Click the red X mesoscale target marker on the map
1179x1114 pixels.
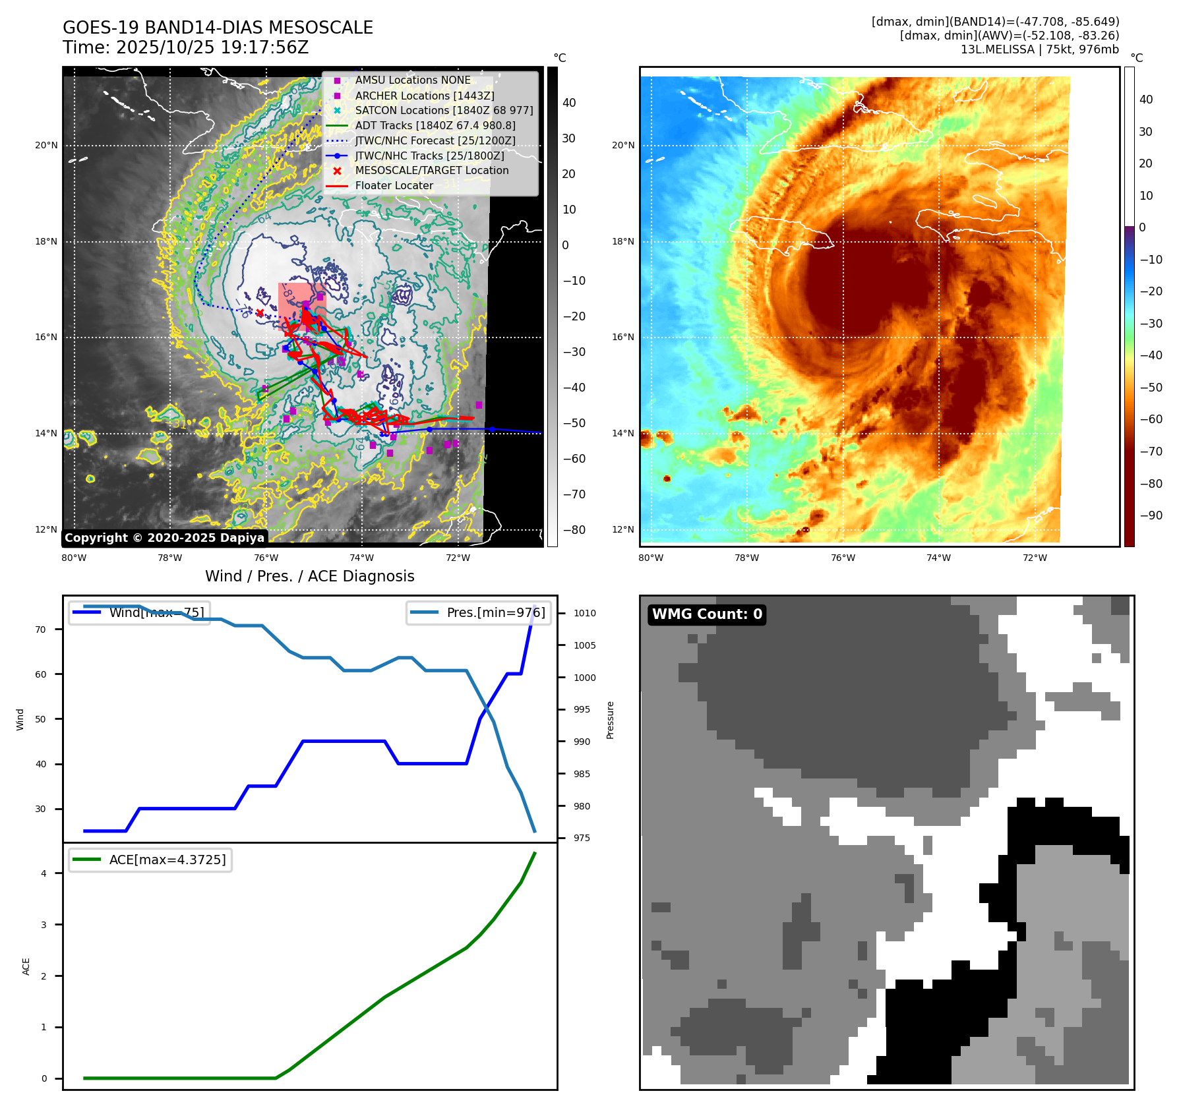click(260, 313)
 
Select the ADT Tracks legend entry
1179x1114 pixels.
click(435, 126)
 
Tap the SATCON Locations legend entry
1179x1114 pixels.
click(444, 111)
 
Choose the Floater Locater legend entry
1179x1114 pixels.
click(394, 186)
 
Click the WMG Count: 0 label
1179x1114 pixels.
click(707, 614)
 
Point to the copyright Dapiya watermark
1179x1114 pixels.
click(164, 538)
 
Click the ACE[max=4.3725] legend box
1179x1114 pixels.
click(150, 860)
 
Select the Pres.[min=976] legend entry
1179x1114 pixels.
click(479, 613)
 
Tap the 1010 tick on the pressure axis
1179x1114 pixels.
click(584, 613)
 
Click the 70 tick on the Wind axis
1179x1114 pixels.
click(41, 630)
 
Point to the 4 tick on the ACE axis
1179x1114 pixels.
click(44, 873)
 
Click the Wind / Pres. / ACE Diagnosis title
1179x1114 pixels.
click(310, 576)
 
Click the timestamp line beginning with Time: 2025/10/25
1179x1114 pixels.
click(186, 47)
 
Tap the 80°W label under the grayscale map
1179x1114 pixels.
click(74, 558)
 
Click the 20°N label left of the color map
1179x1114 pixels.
click(623, 145)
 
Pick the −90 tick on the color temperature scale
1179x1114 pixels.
click(1151, 515)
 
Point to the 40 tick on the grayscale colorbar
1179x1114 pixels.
click(569, 103)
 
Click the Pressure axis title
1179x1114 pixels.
click(611, 720)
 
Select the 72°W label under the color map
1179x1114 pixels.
click(1035, 558)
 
